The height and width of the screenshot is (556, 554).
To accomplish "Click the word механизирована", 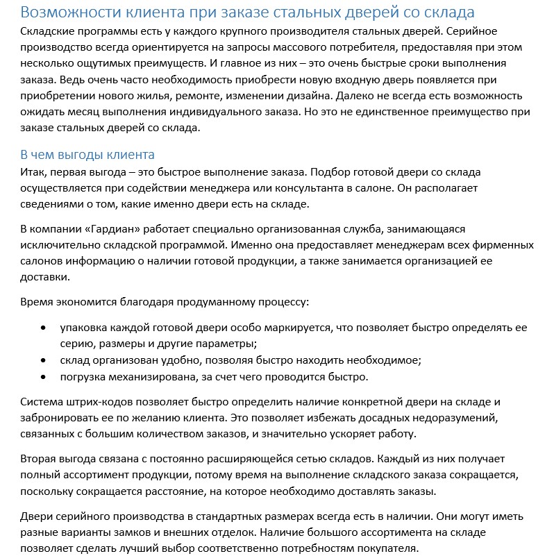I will pos(158,377).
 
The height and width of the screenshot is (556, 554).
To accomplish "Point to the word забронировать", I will pos(61,418).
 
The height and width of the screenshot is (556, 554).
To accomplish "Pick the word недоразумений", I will pos(455,418).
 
